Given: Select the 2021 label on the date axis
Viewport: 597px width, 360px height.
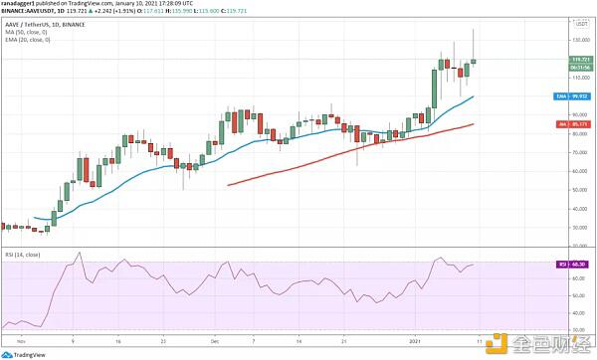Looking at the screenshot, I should click(x=417, y=339).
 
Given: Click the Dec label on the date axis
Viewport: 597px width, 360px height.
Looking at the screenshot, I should click(x=214, y=339).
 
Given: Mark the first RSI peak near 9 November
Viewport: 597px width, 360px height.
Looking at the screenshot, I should click(x=79, y=255).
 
